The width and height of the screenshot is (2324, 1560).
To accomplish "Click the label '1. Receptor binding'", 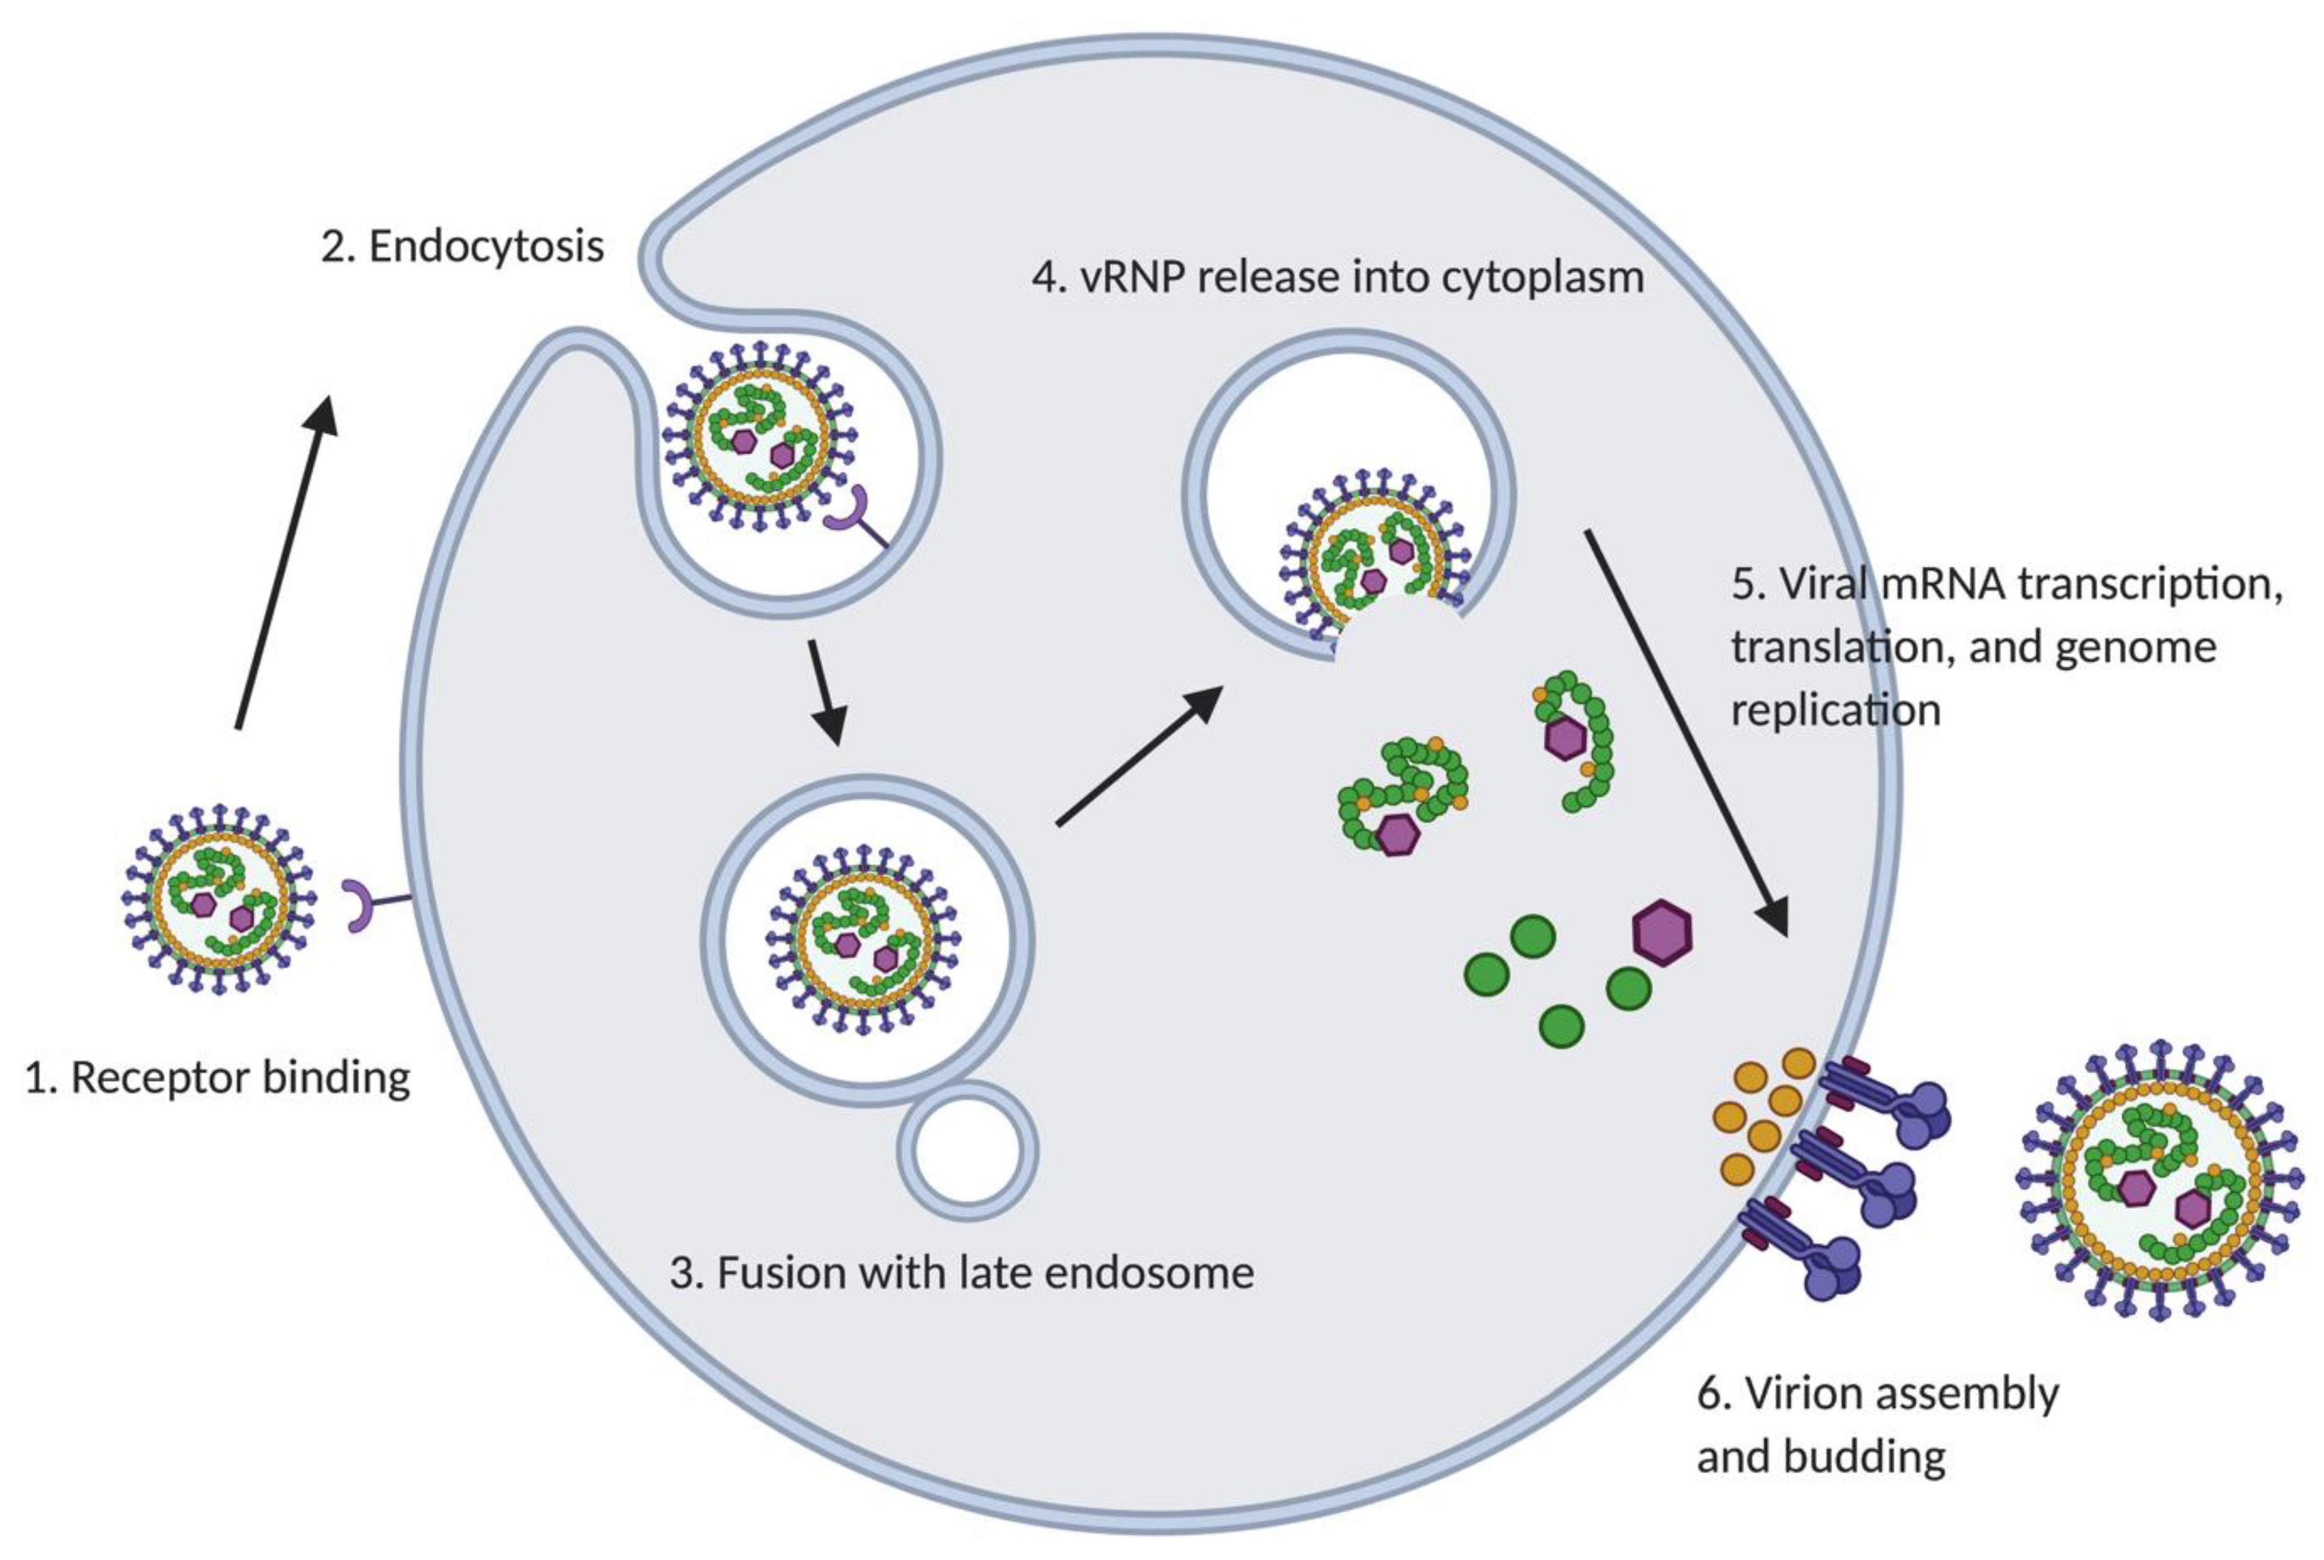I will (217, 1078).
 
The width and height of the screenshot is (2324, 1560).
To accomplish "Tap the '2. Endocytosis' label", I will (461, 246).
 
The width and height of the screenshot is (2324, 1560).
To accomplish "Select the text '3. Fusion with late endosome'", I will (961, 1273).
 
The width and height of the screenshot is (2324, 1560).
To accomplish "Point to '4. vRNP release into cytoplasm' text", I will (1337, 277).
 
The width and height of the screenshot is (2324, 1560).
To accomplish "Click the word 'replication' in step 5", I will (1835, 710).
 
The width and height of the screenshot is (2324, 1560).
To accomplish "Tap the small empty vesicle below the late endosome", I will (967, 1151).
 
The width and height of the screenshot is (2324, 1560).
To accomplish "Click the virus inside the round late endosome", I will (862, 940).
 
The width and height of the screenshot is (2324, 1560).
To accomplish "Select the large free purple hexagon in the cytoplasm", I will (1662, 932).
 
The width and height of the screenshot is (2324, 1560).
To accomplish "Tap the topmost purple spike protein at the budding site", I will (1885, 1104).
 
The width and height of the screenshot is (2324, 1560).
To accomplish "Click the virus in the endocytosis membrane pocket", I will (760, 438).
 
